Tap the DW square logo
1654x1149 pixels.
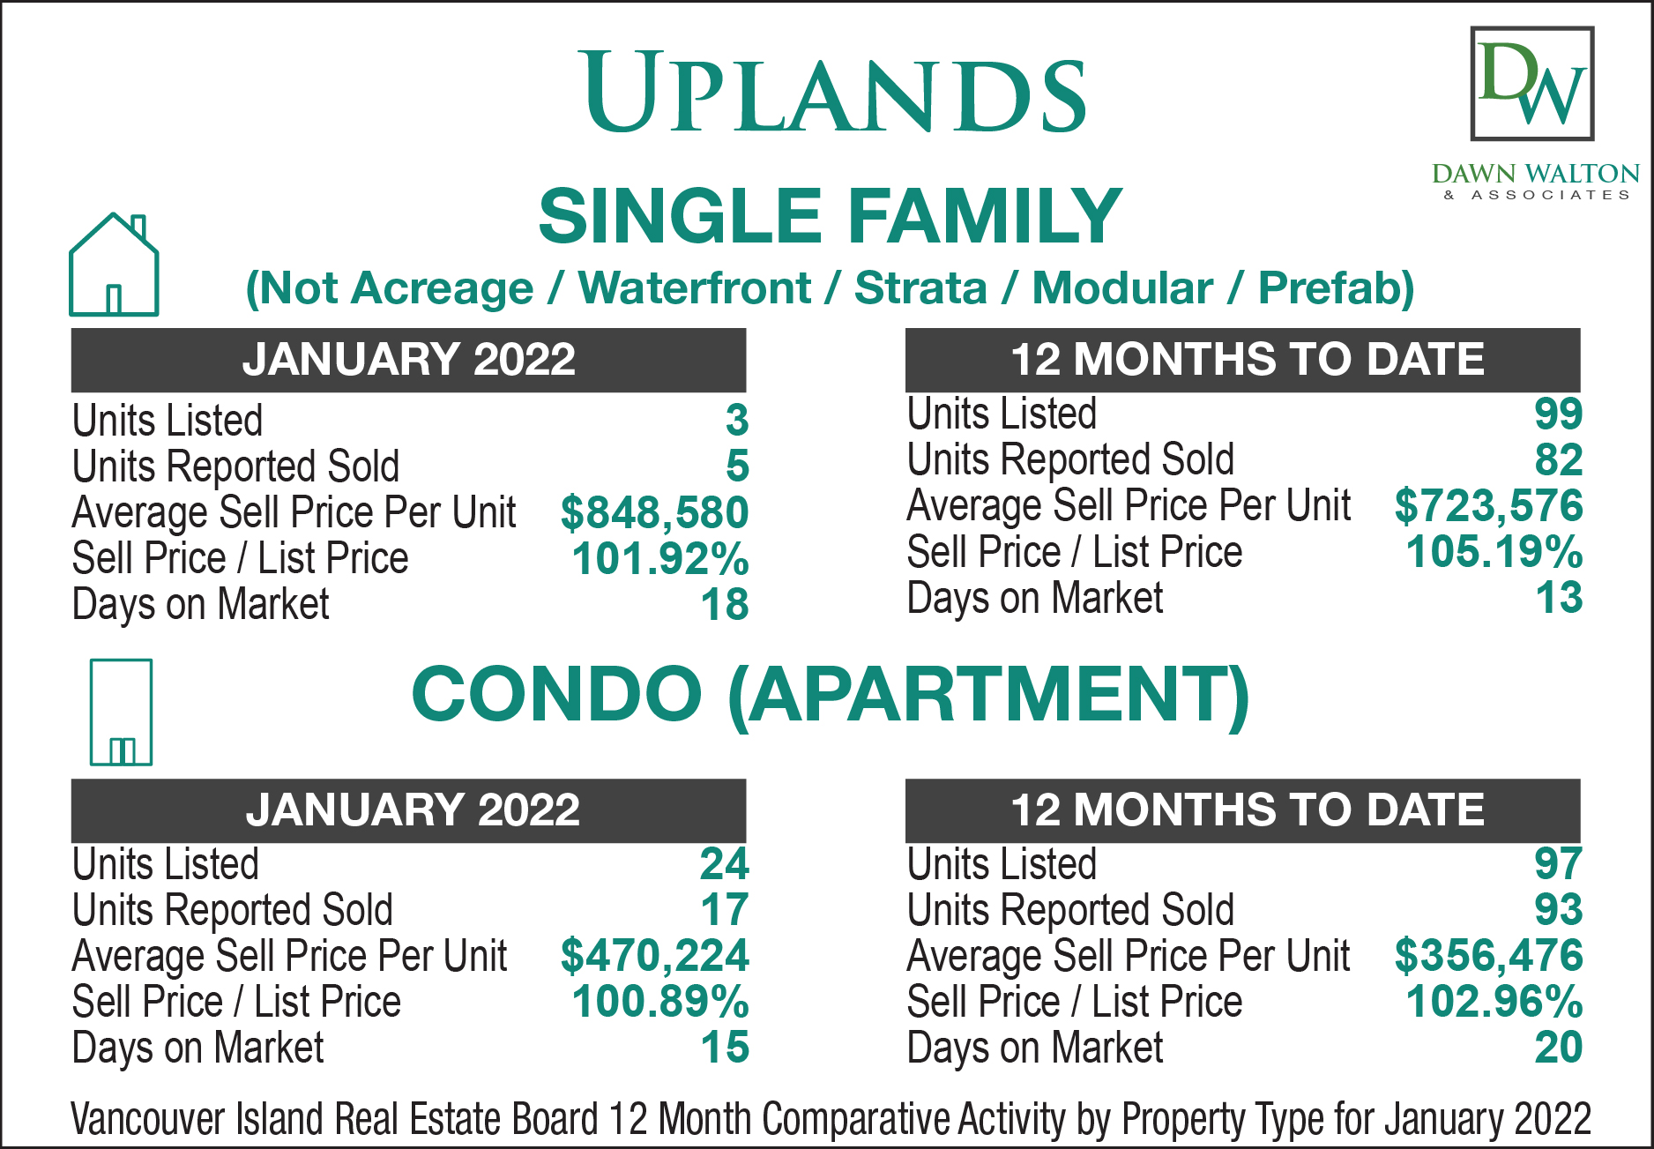click(x=1532, y=84)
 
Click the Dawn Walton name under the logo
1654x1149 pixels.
click(x=1536, y=173)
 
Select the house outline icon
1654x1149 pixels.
click(x=114, y=265)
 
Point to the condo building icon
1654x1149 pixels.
click(x=121, y=712)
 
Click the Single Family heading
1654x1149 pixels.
click(x=830, y=216)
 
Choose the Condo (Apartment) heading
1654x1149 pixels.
click(x=830, y=694)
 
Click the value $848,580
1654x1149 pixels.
click(x=654, y=512)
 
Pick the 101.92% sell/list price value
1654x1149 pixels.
click(x=660, y=558)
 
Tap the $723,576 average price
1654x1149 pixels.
click(x=1488, y=506)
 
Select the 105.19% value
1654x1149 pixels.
click(x=1494, y=552)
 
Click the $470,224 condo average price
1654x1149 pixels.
click(x=654, y=956)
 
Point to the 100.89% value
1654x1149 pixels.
click(x=660, y=1002)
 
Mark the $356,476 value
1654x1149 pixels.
click(x=1488, y=956)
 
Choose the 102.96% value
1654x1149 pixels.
click(x=1494, y=1002)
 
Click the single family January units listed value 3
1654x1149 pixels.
click(x=737, y=421)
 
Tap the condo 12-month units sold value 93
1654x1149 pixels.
click(x=1559, y=910)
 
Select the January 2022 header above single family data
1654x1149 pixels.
click(x=409, y=360)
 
